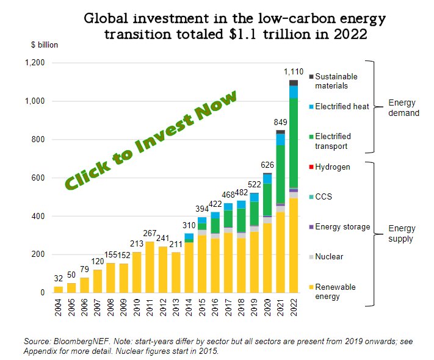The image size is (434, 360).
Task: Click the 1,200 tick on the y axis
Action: tap(35, 63)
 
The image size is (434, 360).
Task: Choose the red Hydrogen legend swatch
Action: tap(311, 167)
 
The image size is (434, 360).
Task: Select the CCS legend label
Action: tap(324, 197)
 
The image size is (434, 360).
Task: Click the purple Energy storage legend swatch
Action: tap(311, 227)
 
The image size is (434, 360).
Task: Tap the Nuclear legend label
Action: tap(328, 257)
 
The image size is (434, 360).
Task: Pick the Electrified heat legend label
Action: tap(342, 107)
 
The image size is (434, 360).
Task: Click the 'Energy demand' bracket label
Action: tap(403, 107)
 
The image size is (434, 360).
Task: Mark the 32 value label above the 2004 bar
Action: tap(58, 279)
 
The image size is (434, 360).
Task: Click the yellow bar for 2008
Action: tap(110, 278)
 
